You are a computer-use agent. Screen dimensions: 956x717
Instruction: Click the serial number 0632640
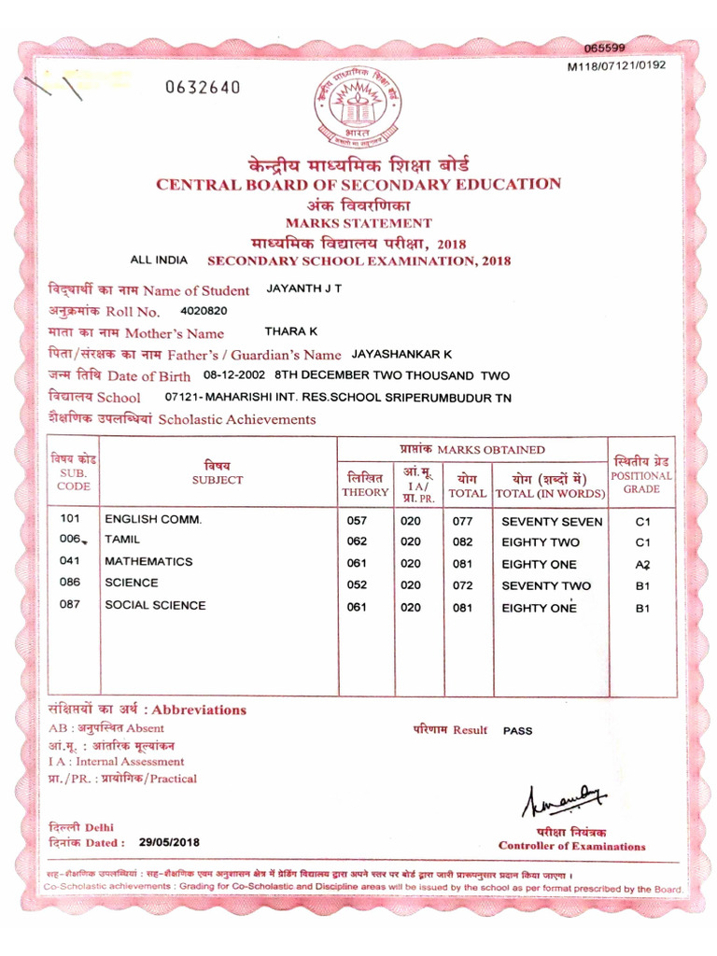pos(203,88)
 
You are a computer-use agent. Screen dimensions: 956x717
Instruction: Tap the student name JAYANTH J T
pos(304,288)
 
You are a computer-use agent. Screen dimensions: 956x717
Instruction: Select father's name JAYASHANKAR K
pos(401,354)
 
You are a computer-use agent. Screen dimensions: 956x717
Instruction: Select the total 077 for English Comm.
pos(463,521)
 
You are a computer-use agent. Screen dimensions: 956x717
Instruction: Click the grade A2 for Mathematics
pos(642,564)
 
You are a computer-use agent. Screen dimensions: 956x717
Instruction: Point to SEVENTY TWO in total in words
pos(546,585)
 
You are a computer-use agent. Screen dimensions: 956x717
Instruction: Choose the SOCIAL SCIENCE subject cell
pos(155,605)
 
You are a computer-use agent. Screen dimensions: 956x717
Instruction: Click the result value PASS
pos(517,731)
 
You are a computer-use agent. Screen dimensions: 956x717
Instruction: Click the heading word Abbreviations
pos(200,710)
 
